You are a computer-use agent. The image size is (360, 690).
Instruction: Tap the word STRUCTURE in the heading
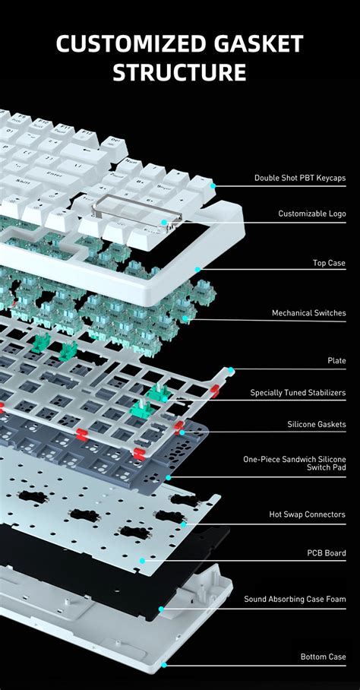click(179, 72)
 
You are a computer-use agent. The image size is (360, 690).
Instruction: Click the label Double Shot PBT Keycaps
click(300, 179)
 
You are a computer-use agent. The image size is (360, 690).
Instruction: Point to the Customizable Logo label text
click(312, 214)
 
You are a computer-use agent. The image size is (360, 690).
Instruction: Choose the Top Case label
click(329, 263)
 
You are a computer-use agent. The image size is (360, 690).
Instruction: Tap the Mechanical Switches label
click(309, 313)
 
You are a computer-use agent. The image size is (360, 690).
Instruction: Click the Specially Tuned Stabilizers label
click(298, 393)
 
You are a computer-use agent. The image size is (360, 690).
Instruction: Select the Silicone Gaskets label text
click(317, 424)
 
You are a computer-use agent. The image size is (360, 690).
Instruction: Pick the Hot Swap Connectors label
click(308, 514)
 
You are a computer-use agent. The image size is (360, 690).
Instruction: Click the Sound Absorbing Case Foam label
click(295, 599)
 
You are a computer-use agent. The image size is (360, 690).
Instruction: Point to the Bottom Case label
click(323, 657)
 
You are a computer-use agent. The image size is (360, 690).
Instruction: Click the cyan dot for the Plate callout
click(230, 370)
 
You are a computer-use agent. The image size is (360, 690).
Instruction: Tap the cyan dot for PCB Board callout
click(142, 561)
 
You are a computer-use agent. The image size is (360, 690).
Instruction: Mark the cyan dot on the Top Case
click(197, 269)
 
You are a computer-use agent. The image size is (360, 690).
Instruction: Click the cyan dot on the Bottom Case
click(163, 664)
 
